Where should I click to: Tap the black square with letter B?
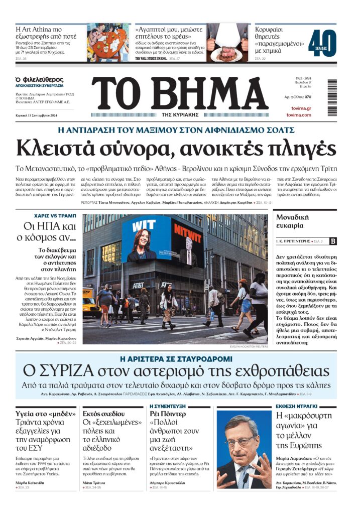click(x=333, y=241)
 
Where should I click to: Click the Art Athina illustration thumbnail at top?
click(x=108, y=42)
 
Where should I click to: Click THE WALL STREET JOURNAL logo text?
click(x=151, y=59)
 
